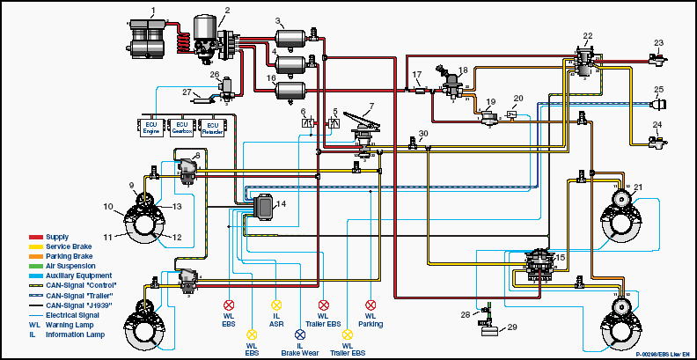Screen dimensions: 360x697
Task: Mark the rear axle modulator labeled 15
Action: tap(538, 263)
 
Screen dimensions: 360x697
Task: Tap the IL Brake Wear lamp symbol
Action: tap(299, 334)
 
